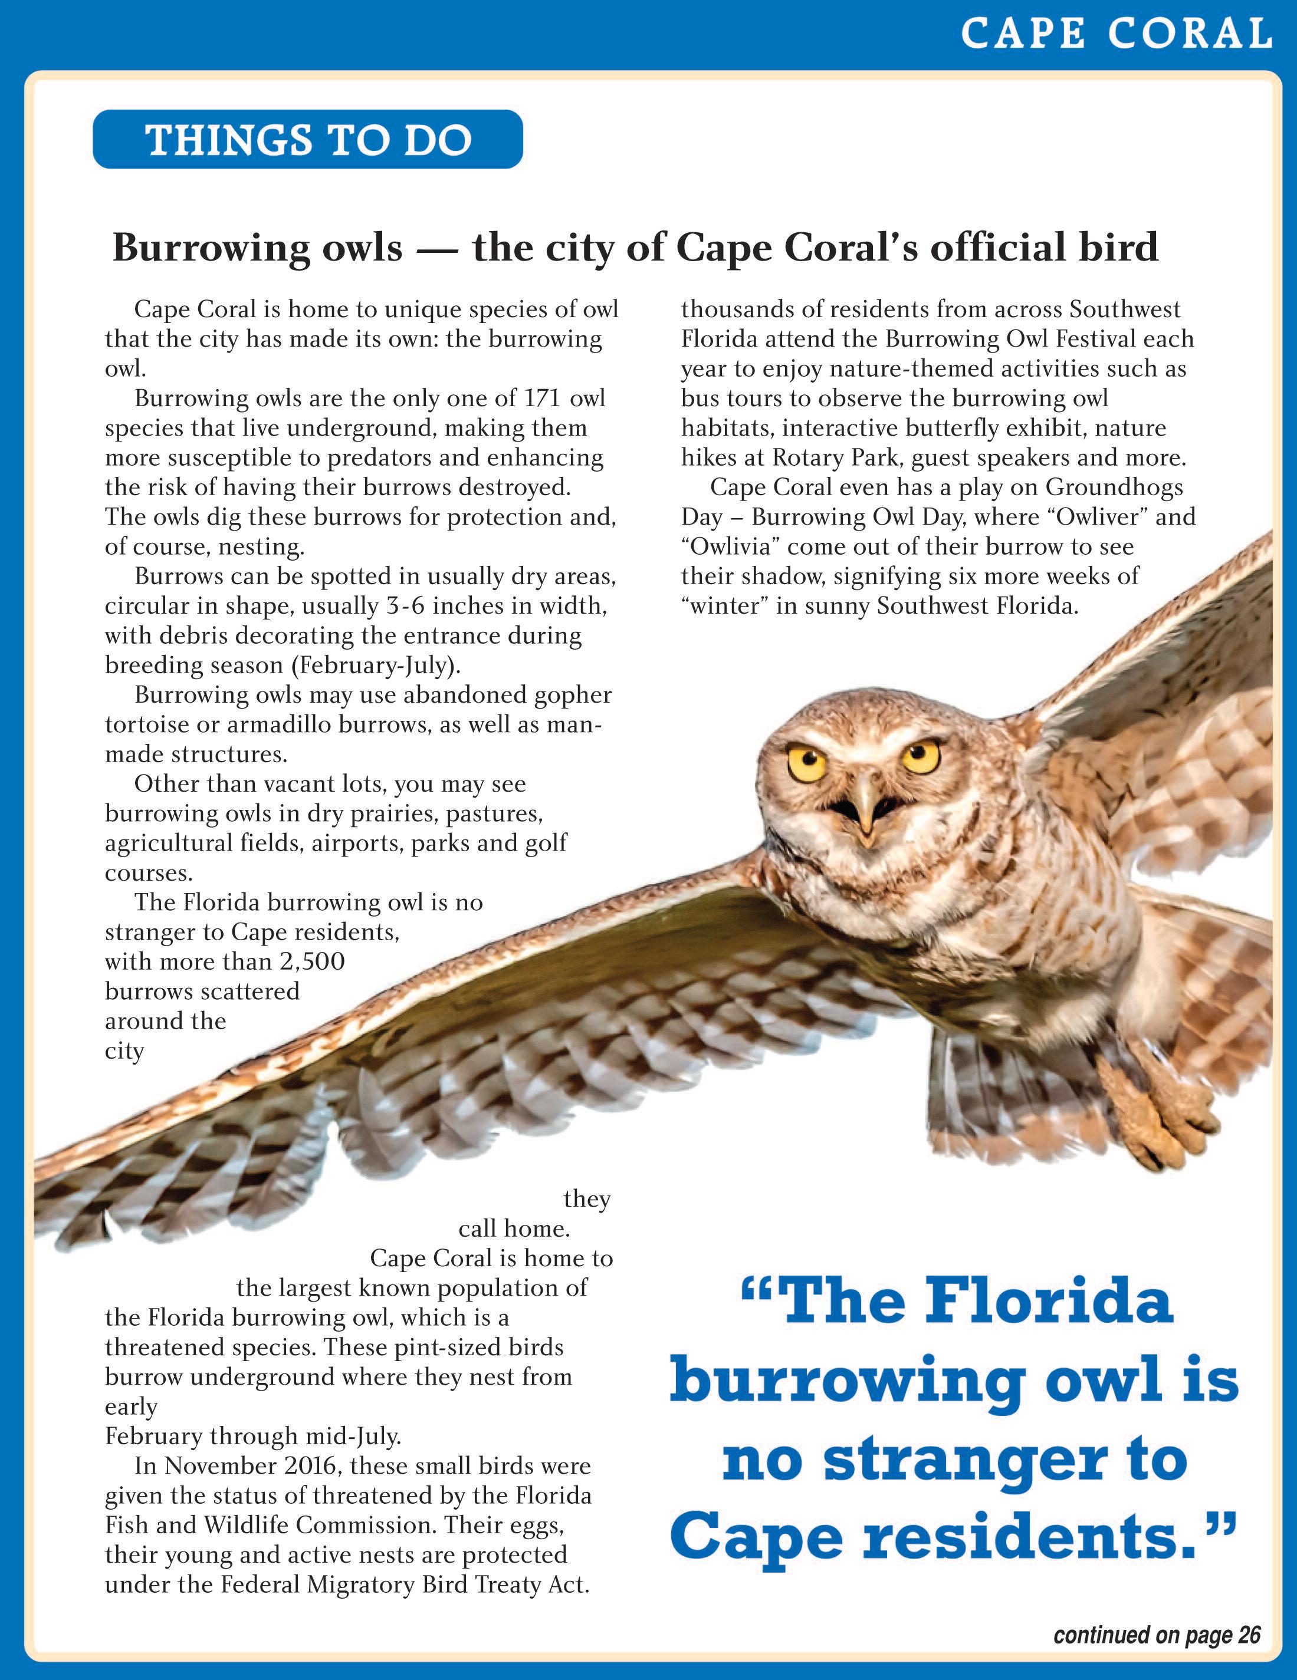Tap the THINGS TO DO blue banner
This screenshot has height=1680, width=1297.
(308, 140)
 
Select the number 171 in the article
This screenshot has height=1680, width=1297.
(542, 398)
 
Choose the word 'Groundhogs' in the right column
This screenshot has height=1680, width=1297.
(1115, 487)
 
